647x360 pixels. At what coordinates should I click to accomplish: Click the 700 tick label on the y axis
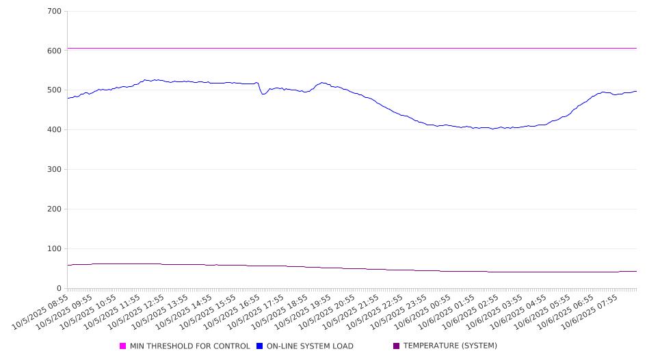[55, 12]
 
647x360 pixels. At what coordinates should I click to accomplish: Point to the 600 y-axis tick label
[55, 51]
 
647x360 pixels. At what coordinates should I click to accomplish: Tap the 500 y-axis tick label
[55, 90]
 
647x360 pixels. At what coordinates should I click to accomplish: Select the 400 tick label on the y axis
[55, 130]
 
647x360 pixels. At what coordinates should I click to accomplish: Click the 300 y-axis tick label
[55, 170]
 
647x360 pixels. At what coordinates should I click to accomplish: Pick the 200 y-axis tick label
[55, 209]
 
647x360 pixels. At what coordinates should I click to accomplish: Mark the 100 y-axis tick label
[55, 249]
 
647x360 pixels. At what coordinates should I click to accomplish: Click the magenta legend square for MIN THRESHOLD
[123, 346]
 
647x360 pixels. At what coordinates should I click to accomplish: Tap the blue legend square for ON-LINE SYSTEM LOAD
[260, 346]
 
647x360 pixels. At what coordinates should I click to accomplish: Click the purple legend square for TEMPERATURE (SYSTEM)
[397, 346]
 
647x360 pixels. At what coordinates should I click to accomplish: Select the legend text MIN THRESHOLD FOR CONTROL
[190, 346]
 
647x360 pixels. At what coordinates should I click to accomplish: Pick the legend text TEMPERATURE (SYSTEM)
[450, 346]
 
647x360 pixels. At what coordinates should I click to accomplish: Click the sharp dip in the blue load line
[263, 94]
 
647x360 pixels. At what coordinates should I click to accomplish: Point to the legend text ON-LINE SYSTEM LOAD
[310, 346]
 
